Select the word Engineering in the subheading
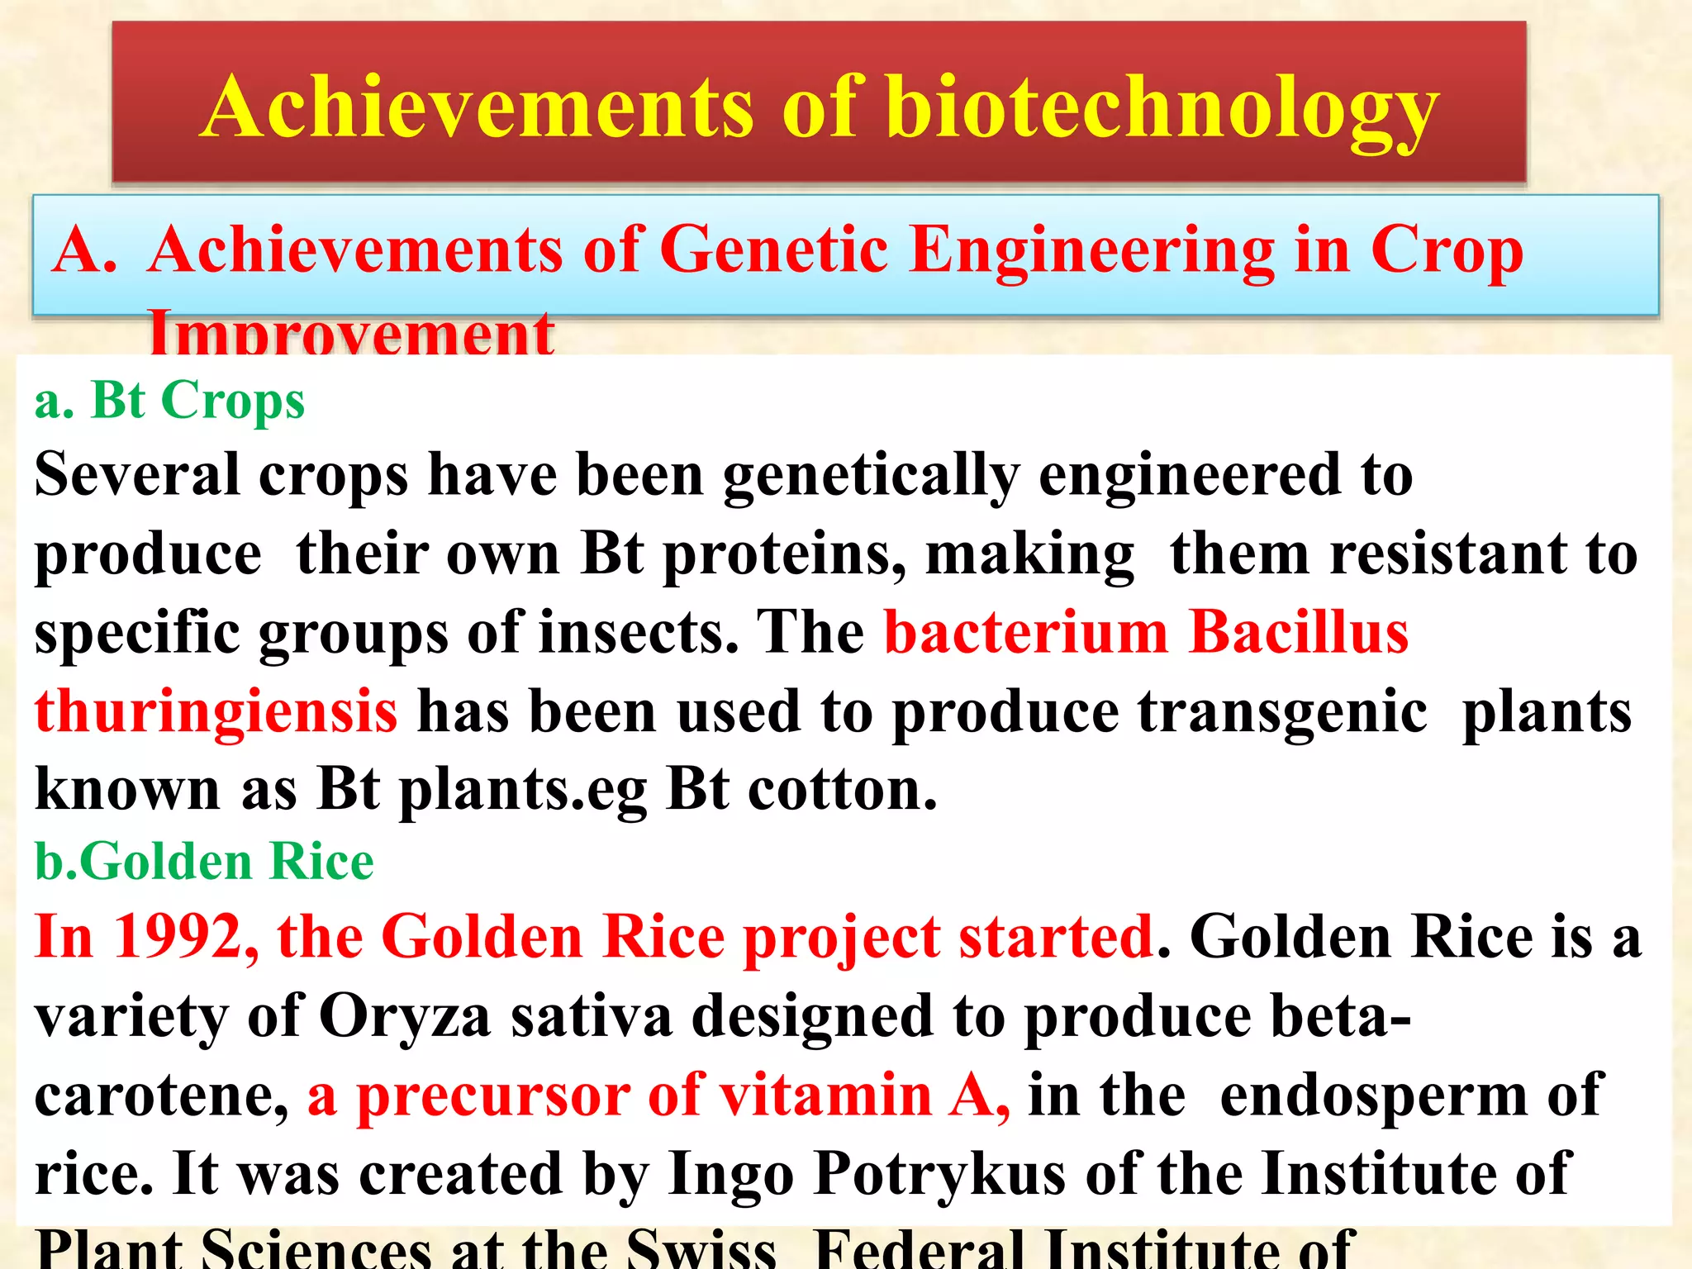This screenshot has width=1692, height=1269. coord(1091,250)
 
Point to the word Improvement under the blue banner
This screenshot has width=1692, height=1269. coord(351,335)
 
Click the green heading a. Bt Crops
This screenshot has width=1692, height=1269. coord(169,401)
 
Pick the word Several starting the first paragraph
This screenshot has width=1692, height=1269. coord(136,475)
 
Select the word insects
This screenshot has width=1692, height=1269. coord(637,632)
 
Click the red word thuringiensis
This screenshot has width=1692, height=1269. coord(216,711)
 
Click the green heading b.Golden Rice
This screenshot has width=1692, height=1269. coord(204,862)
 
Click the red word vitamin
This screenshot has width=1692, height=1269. coord(826,1096)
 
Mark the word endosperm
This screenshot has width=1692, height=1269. coord(1372,1096)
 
